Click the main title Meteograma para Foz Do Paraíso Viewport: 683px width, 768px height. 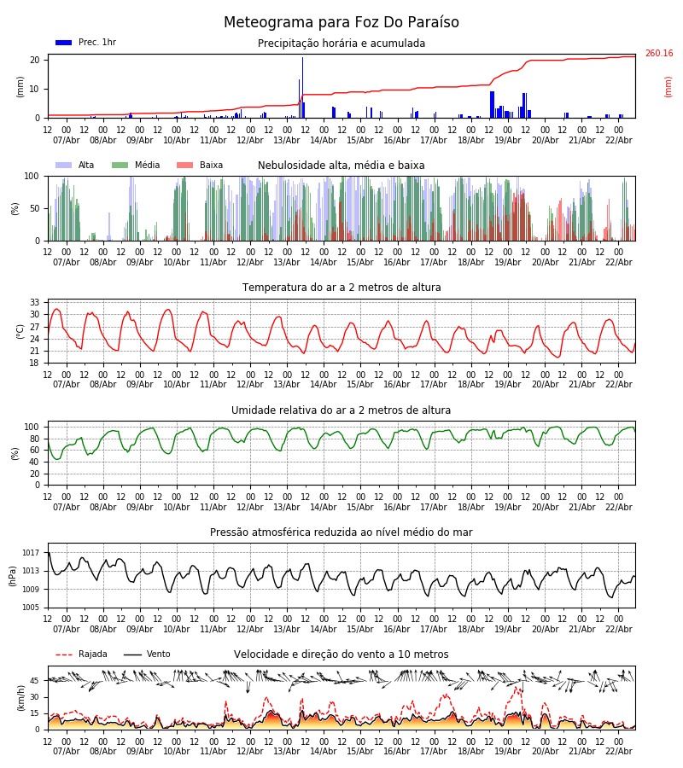341,23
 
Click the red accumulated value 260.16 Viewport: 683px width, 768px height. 658,54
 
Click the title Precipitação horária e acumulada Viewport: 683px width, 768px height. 341,44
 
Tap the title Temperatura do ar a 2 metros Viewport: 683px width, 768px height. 341,288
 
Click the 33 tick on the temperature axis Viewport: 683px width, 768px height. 35,302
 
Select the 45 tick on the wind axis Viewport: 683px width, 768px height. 35,681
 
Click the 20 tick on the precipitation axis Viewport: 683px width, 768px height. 35,60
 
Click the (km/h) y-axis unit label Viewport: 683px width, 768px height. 20,697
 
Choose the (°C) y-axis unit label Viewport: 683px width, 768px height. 20,330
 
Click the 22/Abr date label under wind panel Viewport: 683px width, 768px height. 618,751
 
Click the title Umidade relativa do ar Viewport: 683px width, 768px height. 341,410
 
